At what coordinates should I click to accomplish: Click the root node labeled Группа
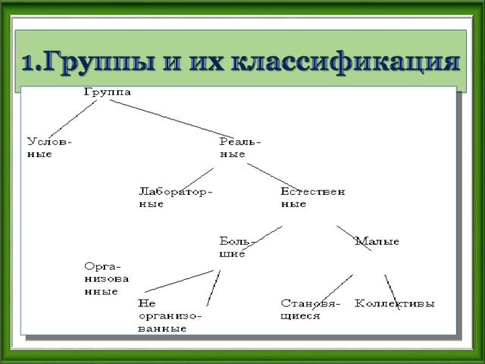(x=108, y=93)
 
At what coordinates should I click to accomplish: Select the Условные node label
(x=49, y=148)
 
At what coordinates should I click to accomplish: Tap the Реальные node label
(x=240, y=148)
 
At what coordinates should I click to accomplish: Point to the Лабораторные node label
(x=176, y=197)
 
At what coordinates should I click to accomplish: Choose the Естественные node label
(x=313, y=197)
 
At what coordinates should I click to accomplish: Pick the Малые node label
(x=377, y=241)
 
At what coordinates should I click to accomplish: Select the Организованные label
(x=106, y=278)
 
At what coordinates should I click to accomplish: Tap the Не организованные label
(x=170, y=315)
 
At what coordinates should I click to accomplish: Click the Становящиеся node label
(x=310, y=309)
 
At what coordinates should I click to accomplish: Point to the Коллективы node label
(x=395, y=303)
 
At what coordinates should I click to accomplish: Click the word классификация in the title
(x=346, y=62)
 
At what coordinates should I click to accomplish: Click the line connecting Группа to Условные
(x=73, y=119)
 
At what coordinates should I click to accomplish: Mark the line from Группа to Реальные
(x=172, y=119)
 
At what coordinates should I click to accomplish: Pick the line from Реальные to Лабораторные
(x=196, y=180)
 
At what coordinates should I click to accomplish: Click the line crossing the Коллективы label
(x=393, y=292)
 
